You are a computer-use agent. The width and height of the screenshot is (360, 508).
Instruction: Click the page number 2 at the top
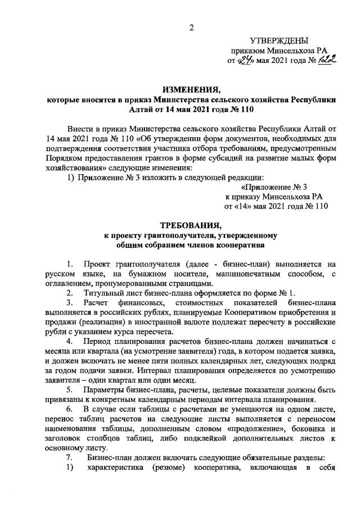191,28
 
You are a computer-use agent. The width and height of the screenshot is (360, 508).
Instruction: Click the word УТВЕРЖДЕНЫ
279,40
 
